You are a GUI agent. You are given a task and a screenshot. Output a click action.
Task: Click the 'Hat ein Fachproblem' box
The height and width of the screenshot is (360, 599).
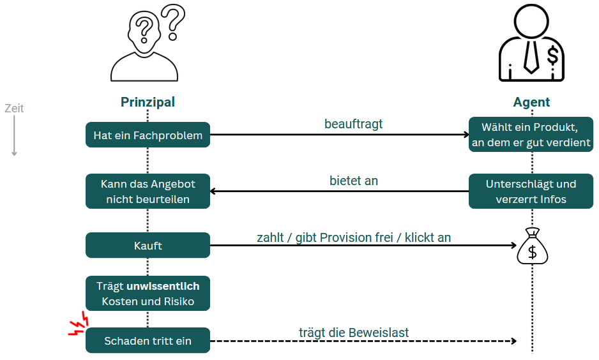pos(148,135)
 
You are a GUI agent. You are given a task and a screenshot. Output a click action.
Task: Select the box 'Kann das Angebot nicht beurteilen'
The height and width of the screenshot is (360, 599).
pos(148,191)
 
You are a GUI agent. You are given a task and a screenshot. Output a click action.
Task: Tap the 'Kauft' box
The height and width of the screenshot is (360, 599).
pos(148,245)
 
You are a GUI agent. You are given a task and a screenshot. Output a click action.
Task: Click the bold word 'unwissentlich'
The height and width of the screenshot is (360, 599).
pos(163,287)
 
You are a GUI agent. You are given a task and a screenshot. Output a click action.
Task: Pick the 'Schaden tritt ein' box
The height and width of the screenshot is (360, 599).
pos(148,341)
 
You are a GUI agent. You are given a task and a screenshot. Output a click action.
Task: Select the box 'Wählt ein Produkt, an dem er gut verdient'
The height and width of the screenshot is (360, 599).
pos(531,135)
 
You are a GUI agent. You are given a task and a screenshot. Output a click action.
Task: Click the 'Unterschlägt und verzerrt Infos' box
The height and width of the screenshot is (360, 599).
pos(531,191)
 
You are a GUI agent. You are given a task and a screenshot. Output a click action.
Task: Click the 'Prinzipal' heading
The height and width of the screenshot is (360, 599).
pos(148,102)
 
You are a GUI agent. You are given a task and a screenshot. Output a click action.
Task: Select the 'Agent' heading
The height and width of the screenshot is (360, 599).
pos(531,102)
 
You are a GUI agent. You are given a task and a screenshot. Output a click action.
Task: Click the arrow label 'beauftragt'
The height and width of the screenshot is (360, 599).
pos(353,124)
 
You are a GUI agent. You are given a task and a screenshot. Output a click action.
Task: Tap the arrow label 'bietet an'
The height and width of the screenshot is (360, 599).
pos(353,181)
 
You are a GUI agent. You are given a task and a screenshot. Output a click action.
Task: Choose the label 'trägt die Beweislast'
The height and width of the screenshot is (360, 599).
pos(353,333)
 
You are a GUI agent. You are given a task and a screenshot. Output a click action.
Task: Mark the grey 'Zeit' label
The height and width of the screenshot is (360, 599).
pos(14,109)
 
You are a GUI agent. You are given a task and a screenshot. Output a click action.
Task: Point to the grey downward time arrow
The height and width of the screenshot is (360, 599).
pos(14,137)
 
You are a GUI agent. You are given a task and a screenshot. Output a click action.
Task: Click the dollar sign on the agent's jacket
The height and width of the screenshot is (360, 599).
pos(552,56)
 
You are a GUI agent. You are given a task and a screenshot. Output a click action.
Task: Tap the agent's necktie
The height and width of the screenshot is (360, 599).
pos(531,54)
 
